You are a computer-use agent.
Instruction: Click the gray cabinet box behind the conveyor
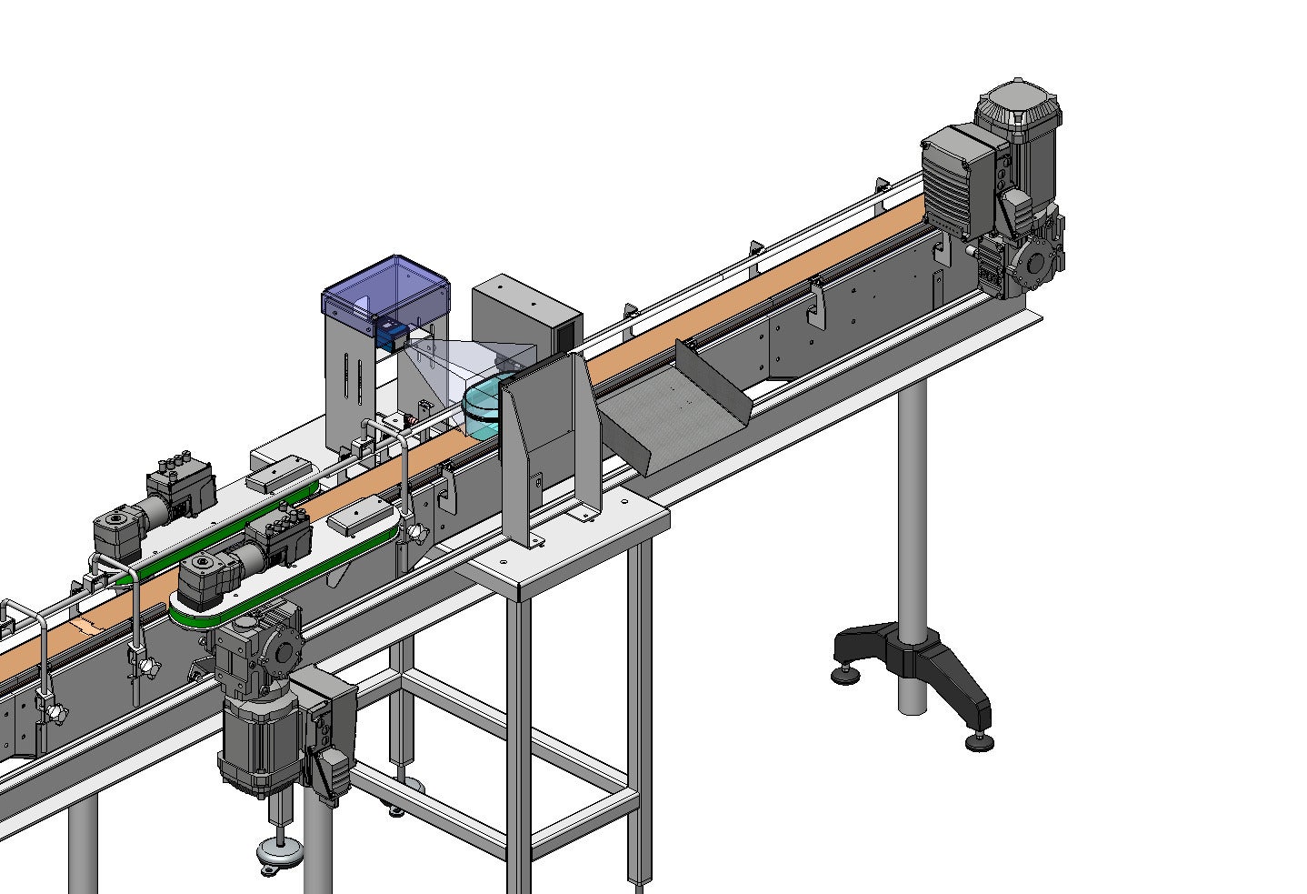[x=525, y=314]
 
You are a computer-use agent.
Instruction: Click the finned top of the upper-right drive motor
[x=1018, y=106]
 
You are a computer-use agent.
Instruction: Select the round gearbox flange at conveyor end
[x=1034, y=264]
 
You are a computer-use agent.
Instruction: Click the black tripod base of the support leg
[x=913, y=659]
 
